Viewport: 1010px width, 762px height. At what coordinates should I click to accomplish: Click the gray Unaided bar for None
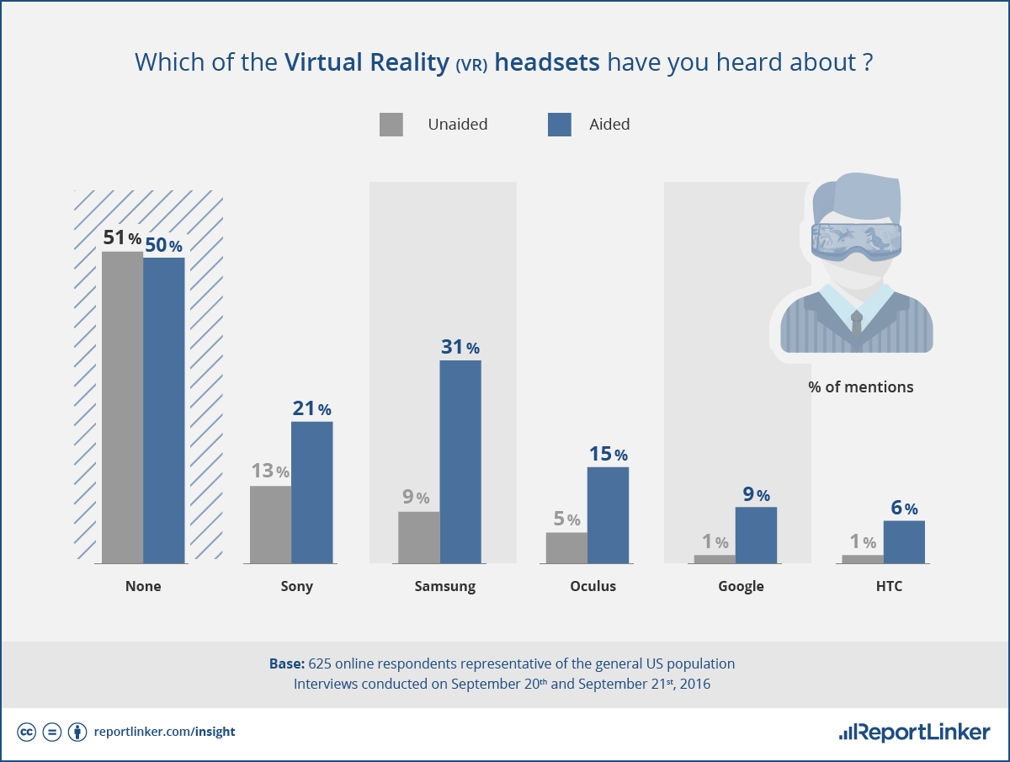[x=122, y=408]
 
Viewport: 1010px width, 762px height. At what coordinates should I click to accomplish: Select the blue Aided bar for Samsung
[x=460, y=461]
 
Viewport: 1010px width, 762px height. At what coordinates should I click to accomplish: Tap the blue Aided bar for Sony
[x=312, y=493]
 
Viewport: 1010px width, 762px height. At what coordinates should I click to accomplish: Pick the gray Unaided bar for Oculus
[x=567, y=547]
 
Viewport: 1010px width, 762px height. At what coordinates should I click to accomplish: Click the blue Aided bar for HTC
[x=904, y=542]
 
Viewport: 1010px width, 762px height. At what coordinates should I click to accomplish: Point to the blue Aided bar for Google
[x=756, y=536]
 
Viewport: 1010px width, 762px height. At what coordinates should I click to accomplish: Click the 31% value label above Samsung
[x=460, y=347]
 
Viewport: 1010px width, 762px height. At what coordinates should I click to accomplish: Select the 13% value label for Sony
[x=270, y=471]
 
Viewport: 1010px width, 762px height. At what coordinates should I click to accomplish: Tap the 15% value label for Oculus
[x=609, y=454]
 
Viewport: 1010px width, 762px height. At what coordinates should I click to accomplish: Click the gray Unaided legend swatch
[x=391, y=125]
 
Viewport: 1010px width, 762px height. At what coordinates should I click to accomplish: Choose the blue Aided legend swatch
[x=560, y=125]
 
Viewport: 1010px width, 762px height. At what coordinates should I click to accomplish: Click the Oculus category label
[x=593, y=586]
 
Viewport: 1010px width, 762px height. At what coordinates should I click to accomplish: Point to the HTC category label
[x=889, y=586]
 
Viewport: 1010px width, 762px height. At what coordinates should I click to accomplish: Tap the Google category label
[x=741, y=587]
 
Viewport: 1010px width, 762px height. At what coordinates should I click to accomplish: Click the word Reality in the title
[x=409, y=62]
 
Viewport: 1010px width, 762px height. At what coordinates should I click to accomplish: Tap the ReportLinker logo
[x=914, y=732]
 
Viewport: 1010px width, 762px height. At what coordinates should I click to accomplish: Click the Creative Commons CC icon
[x=26, y=732]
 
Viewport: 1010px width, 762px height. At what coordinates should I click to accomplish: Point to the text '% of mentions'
[x=861, y=387]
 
